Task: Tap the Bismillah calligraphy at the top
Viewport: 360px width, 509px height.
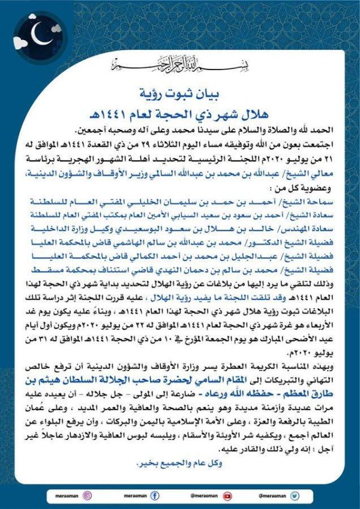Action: (181, 64)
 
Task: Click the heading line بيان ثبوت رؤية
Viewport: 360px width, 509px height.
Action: (181, 93)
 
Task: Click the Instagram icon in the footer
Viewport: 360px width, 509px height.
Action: (88, 495)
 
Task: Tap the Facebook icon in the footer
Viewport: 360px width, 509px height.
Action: (154, 495)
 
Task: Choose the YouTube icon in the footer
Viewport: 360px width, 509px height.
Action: (227, 495)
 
